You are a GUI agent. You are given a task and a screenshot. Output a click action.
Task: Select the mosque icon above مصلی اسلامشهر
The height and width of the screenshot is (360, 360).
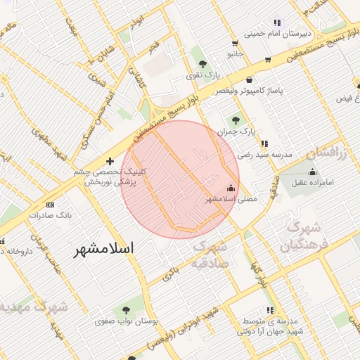(x=231, y=187)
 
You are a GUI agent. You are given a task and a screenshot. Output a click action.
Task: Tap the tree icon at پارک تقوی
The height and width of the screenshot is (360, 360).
(x=203, y=62)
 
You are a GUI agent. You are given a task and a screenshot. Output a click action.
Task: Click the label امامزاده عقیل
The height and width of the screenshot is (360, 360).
(x=313, y=181)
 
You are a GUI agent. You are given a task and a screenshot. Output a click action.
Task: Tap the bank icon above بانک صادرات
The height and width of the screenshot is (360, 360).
(x=49, y=205)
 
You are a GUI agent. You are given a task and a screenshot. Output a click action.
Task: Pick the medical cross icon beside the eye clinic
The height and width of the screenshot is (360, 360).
(x=110, y=161)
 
